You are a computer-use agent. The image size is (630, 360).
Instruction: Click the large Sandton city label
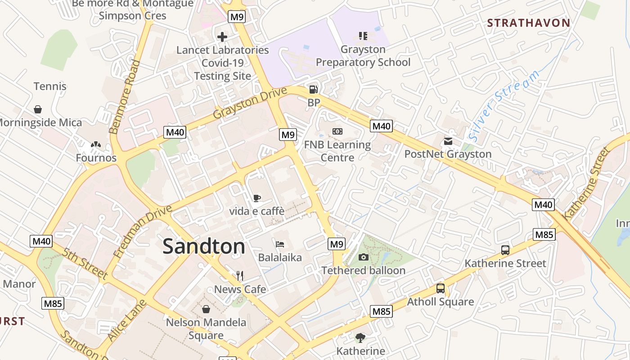(x=204, y=247)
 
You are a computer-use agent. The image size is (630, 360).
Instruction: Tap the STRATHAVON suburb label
(x=529, y=23)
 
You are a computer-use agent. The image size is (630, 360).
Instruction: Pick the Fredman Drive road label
(x=143, y=232)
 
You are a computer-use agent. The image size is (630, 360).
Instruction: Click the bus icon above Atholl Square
(x=441, y=289)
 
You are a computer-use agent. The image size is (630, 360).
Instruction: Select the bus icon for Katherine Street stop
(x=505, y=250)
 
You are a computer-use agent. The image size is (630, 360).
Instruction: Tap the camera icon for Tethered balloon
(x=363, y=257)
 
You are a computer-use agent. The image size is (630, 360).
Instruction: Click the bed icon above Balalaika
(x=280, y=244)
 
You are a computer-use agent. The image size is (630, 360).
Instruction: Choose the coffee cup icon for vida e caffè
(x=256, y=198)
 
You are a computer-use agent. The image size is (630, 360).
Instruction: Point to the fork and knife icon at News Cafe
(x=240, y=276)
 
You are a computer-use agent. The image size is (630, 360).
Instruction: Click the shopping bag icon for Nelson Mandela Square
(x=206, y=309)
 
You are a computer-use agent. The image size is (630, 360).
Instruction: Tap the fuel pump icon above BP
(x=314, y=90)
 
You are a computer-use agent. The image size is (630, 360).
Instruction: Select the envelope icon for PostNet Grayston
(x=448, y=141)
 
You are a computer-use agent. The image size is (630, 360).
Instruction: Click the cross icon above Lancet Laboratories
(x=222, y=37)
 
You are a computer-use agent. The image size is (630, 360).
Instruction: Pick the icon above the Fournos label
(x=95, y=145)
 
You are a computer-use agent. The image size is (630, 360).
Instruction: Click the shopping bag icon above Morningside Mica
(x=38, y=109)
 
